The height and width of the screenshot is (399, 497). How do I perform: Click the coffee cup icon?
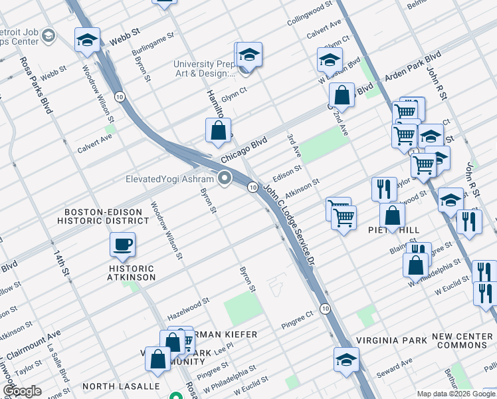tap(123, 245)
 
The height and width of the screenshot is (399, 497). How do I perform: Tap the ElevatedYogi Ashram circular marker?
tap(225, 178)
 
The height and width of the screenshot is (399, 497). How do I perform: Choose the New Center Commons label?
tap(462, 341)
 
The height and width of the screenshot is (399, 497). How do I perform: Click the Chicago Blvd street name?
tap(244, 151)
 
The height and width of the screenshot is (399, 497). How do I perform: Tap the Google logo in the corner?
tap(22, 392)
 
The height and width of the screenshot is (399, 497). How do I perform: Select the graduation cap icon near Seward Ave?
tap(346, 360)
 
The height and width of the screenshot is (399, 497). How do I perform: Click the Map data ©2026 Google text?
tap(455, 394)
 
